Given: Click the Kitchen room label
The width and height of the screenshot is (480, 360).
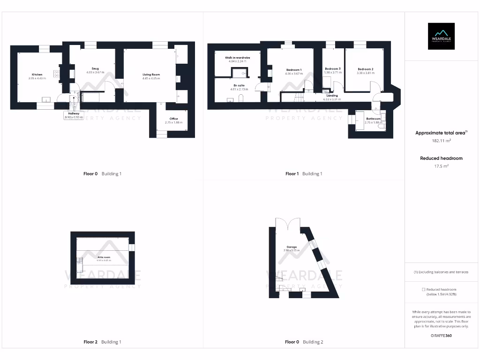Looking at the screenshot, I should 37,75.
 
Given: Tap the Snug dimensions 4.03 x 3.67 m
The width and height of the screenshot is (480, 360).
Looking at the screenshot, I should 95,72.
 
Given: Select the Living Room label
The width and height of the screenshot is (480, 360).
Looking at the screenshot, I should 151,75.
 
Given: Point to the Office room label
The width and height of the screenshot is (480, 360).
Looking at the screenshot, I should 173,119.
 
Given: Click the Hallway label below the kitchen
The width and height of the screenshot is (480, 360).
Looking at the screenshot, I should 74,113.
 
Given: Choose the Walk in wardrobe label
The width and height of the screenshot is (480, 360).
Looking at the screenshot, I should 237,57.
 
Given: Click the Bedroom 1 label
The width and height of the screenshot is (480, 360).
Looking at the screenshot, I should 293,69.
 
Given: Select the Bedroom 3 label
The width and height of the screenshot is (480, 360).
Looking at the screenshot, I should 332,68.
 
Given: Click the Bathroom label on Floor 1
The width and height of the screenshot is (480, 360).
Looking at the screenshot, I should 373,119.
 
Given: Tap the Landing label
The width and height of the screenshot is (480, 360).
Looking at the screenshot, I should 332,96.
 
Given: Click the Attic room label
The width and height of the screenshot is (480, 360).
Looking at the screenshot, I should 104,257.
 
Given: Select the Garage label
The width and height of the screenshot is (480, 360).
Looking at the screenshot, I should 292,247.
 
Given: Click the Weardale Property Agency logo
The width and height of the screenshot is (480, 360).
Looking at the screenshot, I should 441,36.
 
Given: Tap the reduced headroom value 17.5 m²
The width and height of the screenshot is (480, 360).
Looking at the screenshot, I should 441,165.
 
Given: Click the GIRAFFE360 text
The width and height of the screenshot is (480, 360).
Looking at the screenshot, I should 441,336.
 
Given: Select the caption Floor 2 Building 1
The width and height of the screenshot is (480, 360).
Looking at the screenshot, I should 102,342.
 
